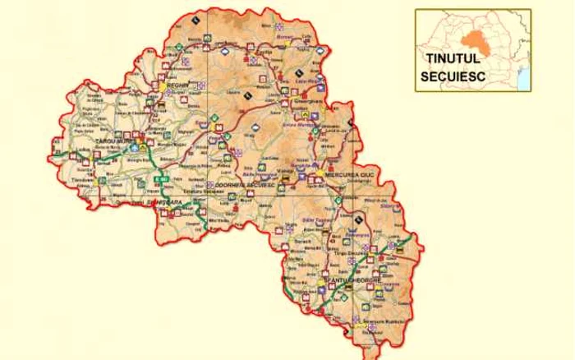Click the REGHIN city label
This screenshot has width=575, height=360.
178,85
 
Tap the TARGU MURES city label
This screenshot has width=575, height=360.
115,141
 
